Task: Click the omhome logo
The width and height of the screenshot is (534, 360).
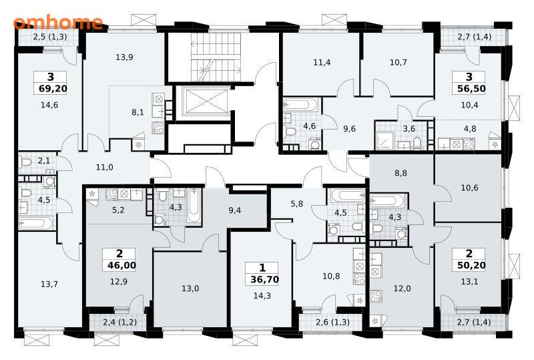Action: point(58,22)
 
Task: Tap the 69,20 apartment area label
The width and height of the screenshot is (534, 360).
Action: point(53,89)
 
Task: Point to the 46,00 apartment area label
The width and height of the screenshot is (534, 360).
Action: point(121,265)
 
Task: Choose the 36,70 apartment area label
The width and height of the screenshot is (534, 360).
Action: point(264,280)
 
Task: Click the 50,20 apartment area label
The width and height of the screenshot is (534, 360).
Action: point(471,265)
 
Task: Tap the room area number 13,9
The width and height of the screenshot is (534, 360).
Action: point(124,57)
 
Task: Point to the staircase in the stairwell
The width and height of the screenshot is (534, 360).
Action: point(216,57)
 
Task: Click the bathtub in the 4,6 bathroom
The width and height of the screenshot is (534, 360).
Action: point(301,105)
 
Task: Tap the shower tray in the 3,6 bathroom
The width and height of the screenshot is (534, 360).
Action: point(385,141)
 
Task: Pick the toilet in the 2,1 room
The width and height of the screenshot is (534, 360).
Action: point(25,162)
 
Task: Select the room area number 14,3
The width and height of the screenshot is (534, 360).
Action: point(262,296)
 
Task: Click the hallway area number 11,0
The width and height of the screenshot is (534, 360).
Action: point(104,168)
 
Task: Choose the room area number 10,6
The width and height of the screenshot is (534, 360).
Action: point(469,188)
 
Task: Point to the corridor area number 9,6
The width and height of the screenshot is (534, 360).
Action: point(349,129)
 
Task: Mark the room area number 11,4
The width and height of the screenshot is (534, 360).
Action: point(322,62)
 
